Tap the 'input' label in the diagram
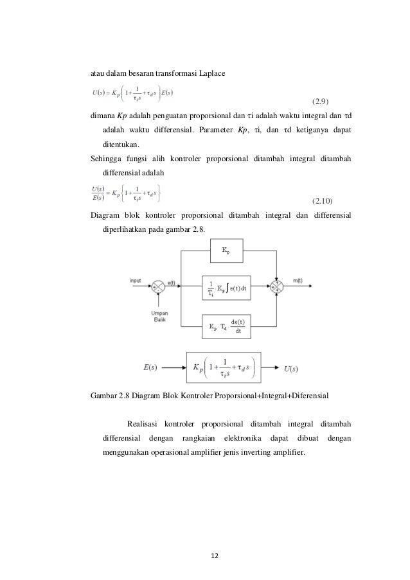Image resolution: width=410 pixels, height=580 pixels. pyautogui.click(x=135, y=281)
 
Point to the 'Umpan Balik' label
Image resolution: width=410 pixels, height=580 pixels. pyautogui.click(x=159, y=317)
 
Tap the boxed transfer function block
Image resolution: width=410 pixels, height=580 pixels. pyautogui.click(x=224, y=368)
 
